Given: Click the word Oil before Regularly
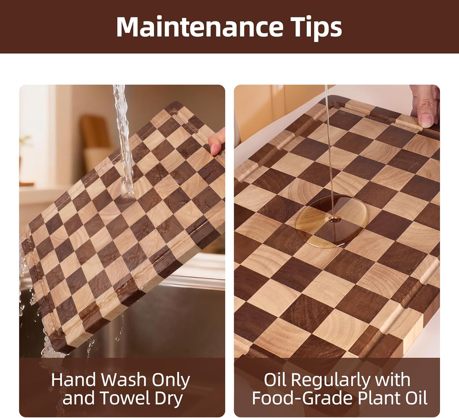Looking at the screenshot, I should point(276,380).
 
